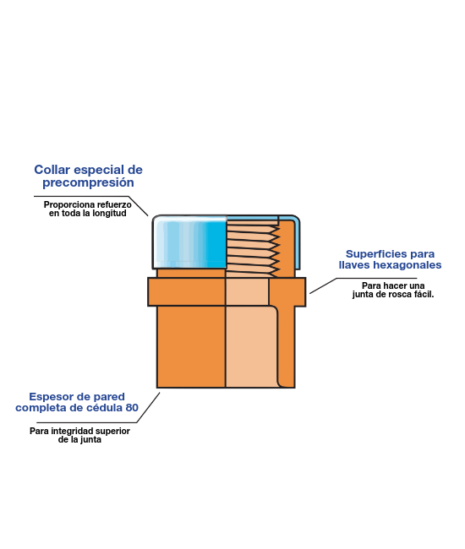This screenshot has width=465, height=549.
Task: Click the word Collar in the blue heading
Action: tap(52, 170)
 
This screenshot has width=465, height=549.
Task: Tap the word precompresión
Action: tap(88, 182)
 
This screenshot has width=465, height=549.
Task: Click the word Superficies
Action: tap(373, 254)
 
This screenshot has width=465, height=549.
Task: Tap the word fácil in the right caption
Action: tap(424, 295)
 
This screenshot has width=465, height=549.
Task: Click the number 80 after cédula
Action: tap(132, 408)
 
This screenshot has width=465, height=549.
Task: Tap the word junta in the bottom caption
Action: tap(90, 440)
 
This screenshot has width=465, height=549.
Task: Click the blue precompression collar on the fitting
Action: tap(189, 242)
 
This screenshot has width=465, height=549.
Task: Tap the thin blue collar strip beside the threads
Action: tap(298, 242)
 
